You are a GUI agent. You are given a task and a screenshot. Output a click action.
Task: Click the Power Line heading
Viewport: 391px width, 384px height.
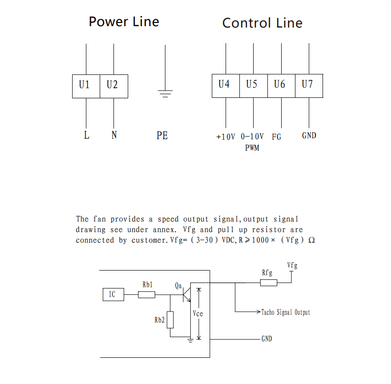pyautogui.click(x=124, y=22)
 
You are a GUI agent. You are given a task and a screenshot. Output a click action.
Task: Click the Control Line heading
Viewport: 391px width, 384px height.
pyautogui.click(x=262, y=23)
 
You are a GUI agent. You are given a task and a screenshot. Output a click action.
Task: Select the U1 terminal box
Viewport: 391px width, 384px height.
pyautogui.click(x=86, y=86)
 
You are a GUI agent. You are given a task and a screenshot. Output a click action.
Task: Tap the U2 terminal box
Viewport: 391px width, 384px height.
pyautogui.click(x=113, y=86)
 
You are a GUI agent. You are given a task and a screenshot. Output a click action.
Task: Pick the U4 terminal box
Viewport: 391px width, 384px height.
pyautogui.click(x=226, y=85)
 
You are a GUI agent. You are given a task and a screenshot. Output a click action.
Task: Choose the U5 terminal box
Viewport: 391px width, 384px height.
pyautogui.click(x=253, y=85)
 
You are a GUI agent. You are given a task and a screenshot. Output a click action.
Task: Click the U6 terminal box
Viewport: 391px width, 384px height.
pyautogui.click(x=281, y=85)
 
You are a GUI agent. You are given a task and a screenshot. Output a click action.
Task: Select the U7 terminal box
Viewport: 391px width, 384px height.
pyautogui.click(x=309, y=85)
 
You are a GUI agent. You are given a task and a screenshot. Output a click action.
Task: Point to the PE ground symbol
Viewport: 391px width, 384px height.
pyautogui.click(x=165, y=93)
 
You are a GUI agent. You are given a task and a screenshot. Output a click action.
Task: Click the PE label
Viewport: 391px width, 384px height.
pyautogui.click(x=162, y=136)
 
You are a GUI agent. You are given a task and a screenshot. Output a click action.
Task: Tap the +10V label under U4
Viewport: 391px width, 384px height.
pyautogui.click(x=226, y=137)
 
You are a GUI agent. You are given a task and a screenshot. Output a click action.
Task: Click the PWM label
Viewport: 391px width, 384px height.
pyautogui.click(x=252, y=148)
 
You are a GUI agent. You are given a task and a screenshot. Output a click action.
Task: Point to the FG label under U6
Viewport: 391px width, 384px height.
pyautogui.click(x=276, y=137)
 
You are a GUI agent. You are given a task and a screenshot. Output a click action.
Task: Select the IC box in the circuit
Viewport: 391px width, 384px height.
pyautogui.click(x=113, y=294)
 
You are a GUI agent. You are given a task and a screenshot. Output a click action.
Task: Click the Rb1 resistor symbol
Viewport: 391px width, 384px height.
pyautogui.click(x=147, y=294)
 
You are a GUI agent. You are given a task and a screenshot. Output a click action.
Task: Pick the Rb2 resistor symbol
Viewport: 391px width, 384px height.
pyautogui.click(x=170, y=319)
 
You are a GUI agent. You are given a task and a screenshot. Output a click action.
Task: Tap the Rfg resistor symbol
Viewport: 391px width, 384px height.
pyautogui.click(x=269, y=282)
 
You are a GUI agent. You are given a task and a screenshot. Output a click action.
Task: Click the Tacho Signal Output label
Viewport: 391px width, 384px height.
pyautogui.click(x=285, y=312)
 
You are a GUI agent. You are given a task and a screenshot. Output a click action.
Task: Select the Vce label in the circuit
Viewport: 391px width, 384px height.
pyautogui.click(x=198, y=314)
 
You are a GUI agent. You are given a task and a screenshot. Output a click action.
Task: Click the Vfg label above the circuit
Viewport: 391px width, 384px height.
pyautogui.click(x=292, y=265)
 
